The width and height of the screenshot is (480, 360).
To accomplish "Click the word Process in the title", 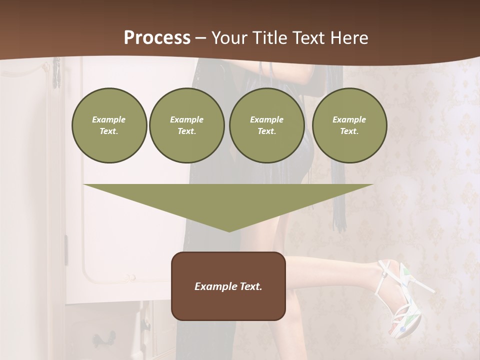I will (x=157, y=38).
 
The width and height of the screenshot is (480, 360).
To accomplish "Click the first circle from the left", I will (x=109, y=125).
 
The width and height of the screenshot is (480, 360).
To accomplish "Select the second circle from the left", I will (x=186, y=125).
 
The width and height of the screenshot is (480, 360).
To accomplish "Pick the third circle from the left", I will (x=266, y=125).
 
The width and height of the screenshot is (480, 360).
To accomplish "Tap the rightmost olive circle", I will (x=349, y=125).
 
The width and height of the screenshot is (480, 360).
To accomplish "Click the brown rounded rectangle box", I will (x=228, y=285).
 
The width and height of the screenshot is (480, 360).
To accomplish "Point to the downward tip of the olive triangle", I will (x=229, y=230).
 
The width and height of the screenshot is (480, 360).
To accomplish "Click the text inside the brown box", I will (x=228, y=286).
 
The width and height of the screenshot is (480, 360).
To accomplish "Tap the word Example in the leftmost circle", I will (x=109, y=120).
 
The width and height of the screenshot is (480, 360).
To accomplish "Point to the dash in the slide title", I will (x=201, y=38).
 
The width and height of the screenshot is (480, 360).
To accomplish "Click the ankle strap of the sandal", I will (x=384, y=272).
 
